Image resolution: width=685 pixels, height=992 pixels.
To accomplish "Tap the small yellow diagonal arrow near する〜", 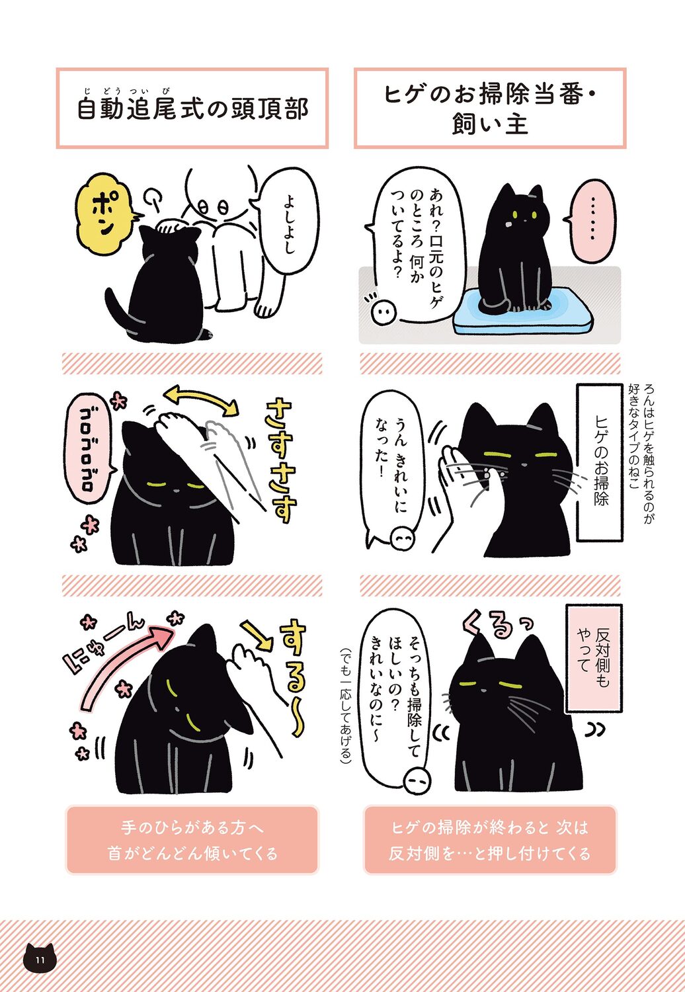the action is click(x=257, y=636).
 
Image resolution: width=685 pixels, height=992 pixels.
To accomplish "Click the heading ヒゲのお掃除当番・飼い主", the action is click(x=490, y=109).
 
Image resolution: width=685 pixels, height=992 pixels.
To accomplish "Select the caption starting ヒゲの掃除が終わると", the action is click(x=490, y=840).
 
